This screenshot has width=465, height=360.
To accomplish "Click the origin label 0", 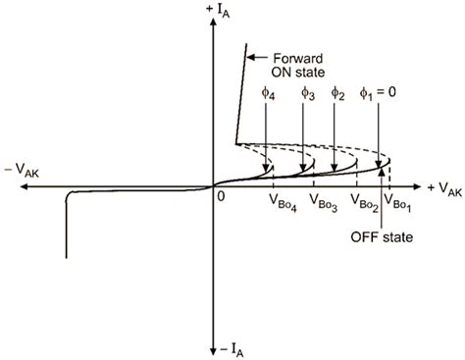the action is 223,197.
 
